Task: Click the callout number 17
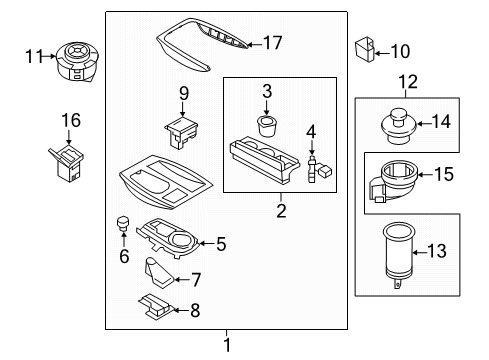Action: tap(272, 42)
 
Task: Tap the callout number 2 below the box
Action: tap(281, 211)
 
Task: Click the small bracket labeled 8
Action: tap(154, 307)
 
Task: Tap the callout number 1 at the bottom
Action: tap(227, 345)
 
